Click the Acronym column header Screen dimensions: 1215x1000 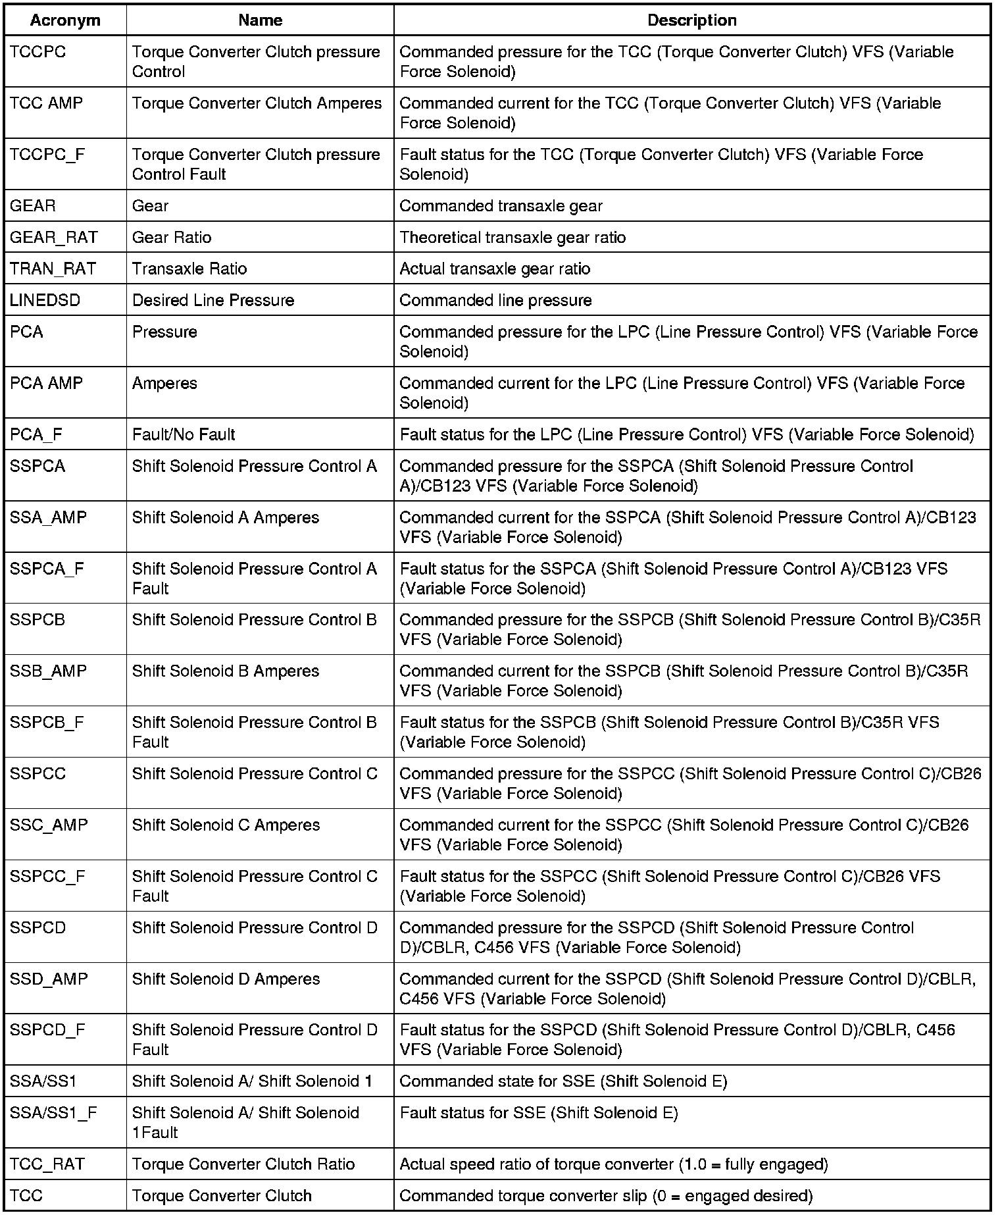[65, 20]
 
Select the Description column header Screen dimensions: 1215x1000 [691, 20]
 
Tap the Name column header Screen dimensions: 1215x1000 [260, 20]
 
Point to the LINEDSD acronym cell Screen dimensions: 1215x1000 [45, 301]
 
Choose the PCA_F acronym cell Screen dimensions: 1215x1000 [36, 435]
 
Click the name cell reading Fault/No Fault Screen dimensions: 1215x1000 [184, 435]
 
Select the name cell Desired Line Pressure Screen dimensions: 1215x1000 [213, 301]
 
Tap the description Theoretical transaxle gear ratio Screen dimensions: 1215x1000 [512, 238]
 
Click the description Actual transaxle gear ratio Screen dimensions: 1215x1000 [495, 269]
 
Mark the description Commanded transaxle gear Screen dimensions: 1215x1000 [501, 206]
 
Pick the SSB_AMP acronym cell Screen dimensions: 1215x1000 [48, 671]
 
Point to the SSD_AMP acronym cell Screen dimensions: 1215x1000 [49, 979]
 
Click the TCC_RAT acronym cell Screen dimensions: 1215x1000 [47, 1164]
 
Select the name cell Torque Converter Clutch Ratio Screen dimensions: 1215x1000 [243, 1164]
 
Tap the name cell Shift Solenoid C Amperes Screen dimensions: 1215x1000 [226, 825]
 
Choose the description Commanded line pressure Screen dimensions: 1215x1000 [495, 301]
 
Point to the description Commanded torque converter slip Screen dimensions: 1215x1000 [606, 1196]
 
